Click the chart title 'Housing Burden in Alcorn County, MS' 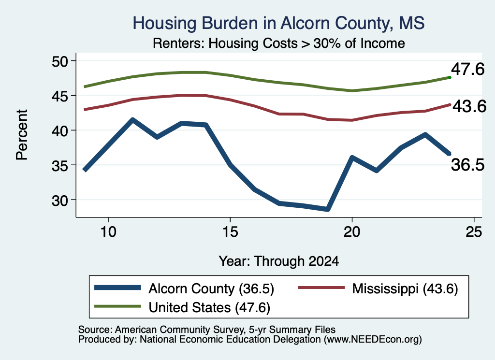[x=278, y=23]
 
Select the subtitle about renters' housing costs [x=279, y=43]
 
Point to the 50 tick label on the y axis [x=60, y=61]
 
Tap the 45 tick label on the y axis [x=60, y=96]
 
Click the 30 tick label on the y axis [x=60, y=200]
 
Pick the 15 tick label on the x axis [x=230, y=232]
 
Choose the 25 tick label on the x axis [x=474, y=232]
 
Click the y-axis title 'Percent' [x=22, y=135]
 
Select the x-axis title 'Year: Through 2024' [x=279, y=261]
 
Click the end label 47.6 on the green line [x=467, y=69]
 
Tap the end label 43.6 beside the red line [x=469, y=106]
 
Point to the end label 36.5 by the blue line [x=467, y=165]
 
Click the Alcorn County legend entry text [x=211, y=288]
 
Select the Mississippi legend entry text [x=405, y=288]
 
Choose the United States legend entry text [x=209, y=308]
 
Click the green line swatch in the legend [x=117, y=306]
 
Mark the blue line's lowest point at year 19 [x=328, y=209]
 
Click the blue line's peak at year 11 [x=132, y=120]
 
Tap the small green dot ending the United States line [x=450, y=77]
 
